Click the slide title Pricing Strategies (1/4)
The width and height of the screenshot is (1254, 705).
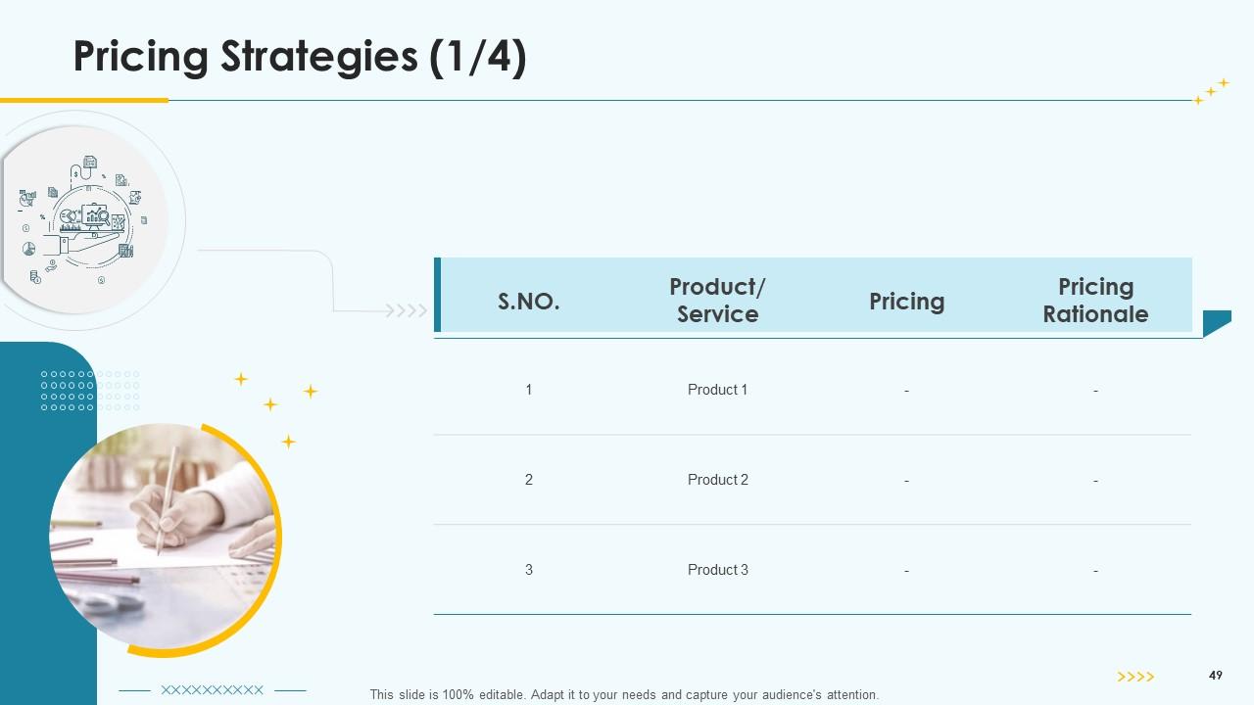pyautogui.click(x=300, y=58)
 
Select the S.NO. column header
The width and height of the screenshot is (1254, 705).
pyautogui.click(x=529, y=302)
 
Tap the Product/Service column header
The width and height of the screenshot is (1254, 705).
pyautogui.click(x=717, y=301)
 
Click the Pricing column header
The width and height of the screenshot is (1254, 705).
pyautogui.click(x=906, y=302)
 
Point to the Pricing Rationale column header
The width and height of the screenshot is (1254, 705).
pyautogui.click(x=1095, y=301)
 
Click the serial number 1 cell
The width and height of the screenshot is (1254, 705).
pyautogui.click(x=529, y=390)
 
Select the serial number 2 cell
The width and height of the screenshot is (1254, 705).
pyautogui.click(x=529, y=480)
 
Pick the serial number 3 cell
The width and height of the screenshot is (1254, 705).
pyautogui.click(x=529, y=570)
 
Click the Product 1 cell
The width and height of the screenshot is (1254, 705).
pyautogui.click(x=717, y=390)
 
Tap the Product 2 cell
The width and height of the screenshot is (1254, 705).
pyautogui.click(x=717, y=480)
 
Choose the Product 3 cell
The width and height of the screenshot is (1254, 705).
pyautogui.click(x=717, y=570)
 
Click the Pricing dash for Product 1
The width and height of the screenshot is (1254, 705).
pyautogui.click(x=906, y=391)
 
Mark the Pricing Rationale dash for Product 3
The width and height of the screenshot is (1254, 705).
pyautogui.click(x=1095, y=571)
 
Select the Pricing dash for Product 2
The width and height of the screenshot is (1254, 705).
pyautogui.click(x=906, y=481)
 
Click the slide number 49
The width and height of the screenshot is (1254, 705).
pyautogui.click(x=1216, y=676)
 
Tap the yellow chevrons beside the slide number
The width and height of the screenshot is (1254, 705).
pyautogui.click(x=1135, y=677)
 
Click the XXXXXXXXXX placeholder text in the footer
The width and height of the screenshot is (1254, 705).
pyautogui.click(x=212, y=690)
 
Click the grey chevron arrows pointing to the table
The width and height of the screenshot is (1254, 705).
pyautogui.click(x=407, y=311)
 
